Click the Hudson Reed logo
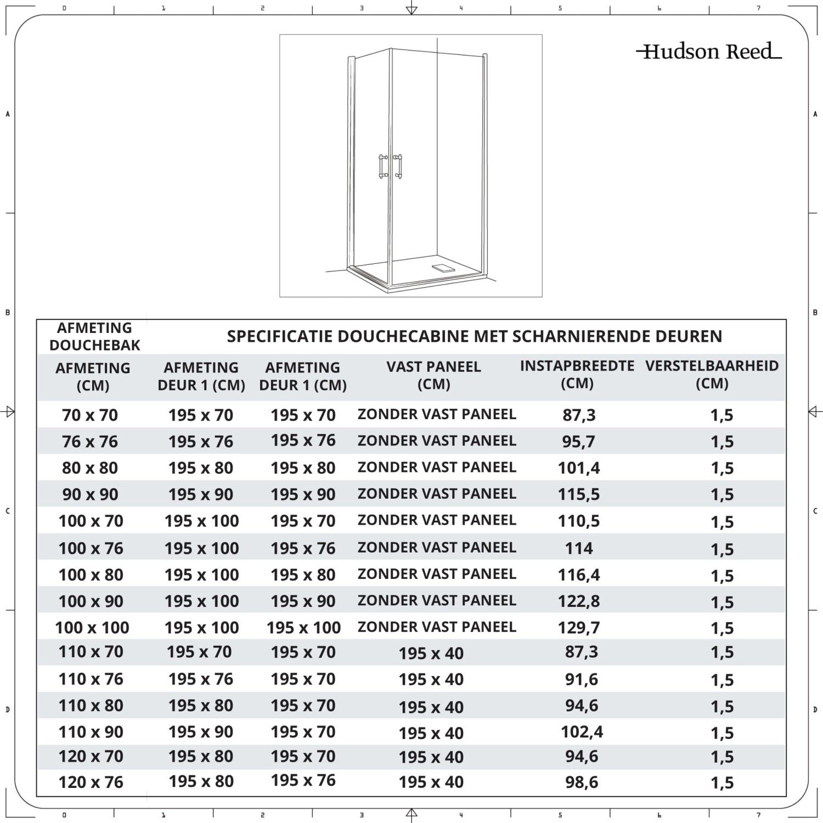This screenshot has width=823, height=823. coord(709,52)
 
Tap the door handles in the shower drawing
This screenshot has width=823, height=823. coord(391,167)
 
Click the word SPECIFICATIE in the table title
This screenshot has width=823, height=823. coord(280,336)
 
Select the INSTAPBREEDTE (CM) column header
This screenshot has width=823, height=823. coord(577,374)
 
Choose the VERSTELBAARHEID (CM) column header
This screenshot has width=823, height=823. coord(712,374)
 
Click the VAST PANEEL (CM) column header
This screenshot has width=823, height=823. coord(433,375)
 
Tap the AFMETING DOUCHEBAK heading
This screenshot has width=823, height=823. coord(94,336)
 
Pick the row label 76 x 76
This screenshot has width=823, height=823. coord(90,442)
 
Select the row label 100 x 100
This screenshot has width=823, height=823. coord(92,628)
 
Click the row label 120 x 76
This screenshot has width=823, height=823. coord(91,782)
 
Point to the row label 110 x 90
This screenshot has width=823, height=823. coord(91,732)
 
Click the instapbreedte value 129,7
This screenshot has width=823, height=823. coord(579,628)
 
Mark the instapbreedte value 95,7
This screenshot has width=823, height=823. coord(578,442)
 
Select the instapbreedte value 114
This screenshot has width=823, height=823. coord(579,548)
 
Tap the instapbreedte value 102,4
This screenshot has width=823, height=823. coord(582,732)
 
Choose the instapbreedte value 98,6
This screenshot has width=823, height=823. coord(582,782)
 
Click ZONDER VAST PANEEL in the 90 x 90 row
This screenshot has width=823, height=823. coord(437,494)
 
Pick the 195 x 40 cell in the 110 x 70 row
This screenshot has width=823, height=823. coord(431,653)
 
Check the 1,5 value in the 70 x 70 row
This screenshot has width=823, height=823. coord(721,415)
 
